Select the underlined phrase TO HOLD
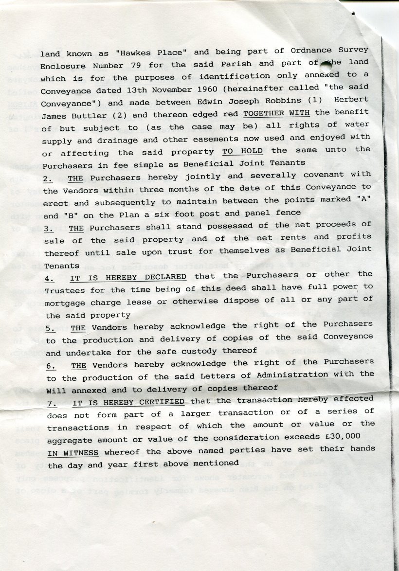242,151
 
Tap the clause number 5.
51,328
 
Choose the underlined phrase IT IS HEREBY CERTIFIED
128,402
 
